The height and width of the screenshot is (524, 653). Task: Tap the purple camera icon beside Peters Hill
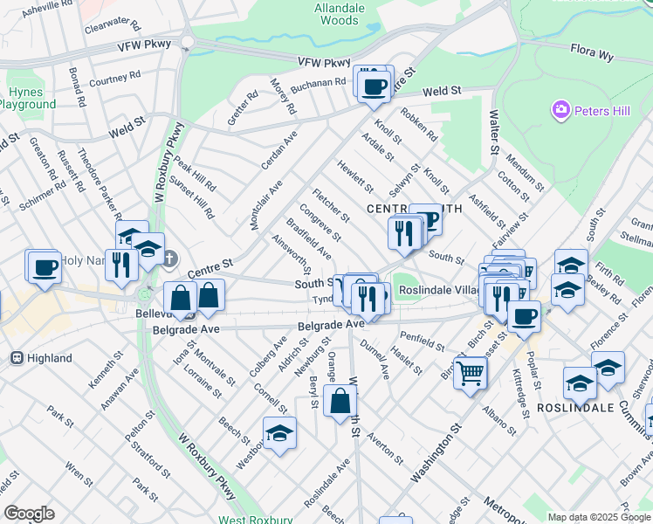tap(560, 111)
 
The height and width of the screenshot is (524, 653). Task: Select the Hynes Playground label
tap(26, 98)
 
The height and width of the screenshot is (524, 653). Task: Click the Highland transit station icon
tap(16, 358)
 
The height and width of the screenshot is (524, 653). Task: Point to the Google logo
tap(29, 514)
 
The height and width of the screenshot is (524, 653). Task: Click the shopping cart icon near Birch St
tap(471, 374)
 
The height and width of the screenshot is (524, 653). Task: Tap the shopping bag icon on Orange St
tap(340, 403)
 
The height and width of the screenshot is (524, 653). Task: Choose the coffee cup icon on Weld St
tap(375, 86)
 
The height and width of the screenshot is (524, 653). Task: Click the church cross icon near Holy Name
tap(170, 259)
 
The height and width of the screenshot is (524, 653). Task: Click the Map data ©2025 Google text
tap(599, 517)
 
